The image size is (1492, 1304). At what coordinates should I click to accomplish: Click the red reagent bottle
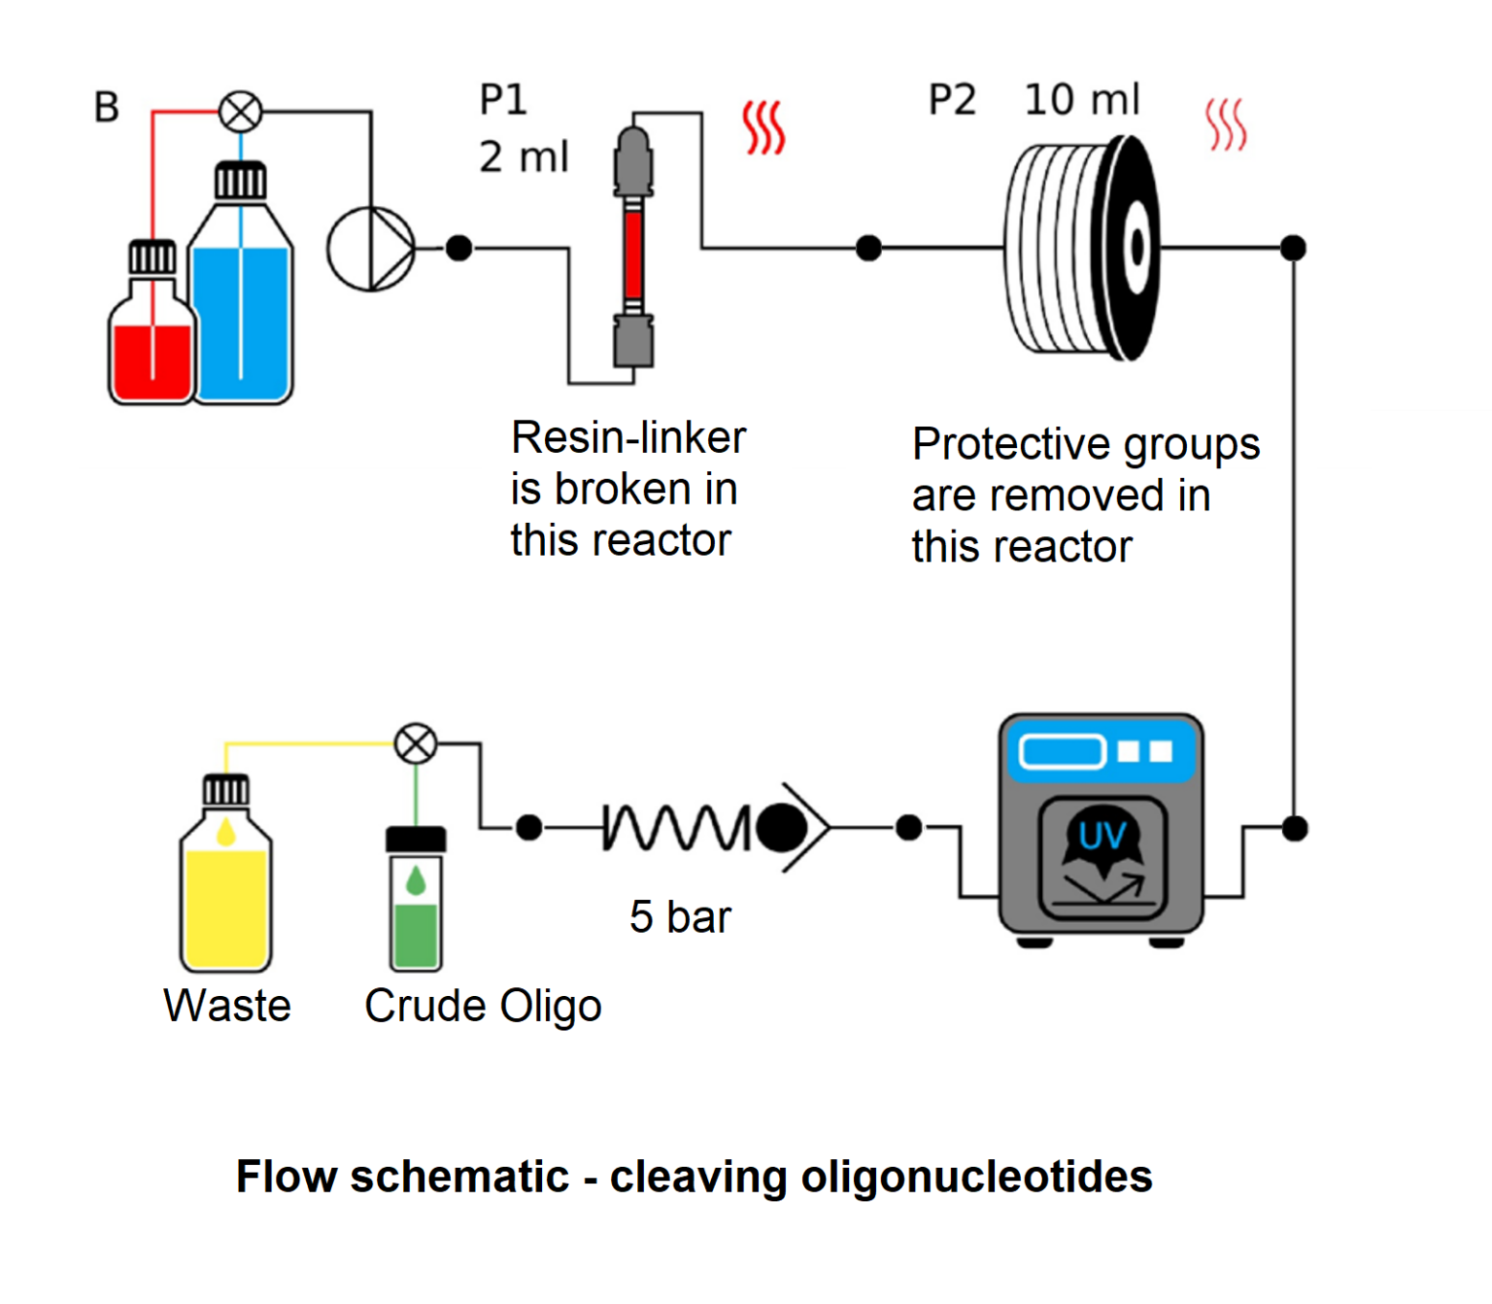[152, 340]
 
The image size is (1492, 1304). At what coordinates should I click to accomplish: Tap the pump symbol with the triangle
[371, 249]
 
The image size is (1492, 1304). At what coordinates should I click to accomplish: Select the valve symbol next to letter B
[240, 112]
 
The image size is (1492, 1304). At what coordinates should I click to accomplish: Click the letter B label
[106, 108]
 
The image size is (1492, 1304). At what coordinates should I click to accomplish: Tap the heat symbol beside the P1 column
[763, 127]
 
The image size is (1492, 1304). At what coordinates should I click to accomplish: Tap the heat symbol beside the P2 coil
[1226, 125]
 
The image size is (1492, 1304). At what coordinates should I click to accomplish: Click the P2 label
[952, 100]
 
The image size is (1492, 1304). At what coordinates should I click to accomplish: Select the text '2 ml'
[524, 157]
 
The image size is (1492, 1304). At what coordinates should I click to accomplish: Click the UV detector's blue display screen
[1062, 751]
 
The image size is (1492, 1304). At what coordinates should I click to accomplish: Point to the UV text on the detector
[1102, 836]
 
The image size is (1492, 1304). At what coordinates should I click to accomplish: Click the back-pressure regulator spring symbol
[675, 828]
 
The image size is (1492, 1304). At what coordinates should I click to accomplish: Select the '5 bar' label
[680, 917]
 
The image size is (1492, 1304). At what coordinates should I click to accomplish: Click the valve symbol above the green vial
[416, 744]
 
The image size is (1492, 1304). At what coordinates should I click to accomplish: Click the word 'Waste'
[227, 1006]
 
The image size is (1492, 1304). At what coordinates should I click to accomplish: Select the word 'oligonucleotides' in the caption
[976, 1177]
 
